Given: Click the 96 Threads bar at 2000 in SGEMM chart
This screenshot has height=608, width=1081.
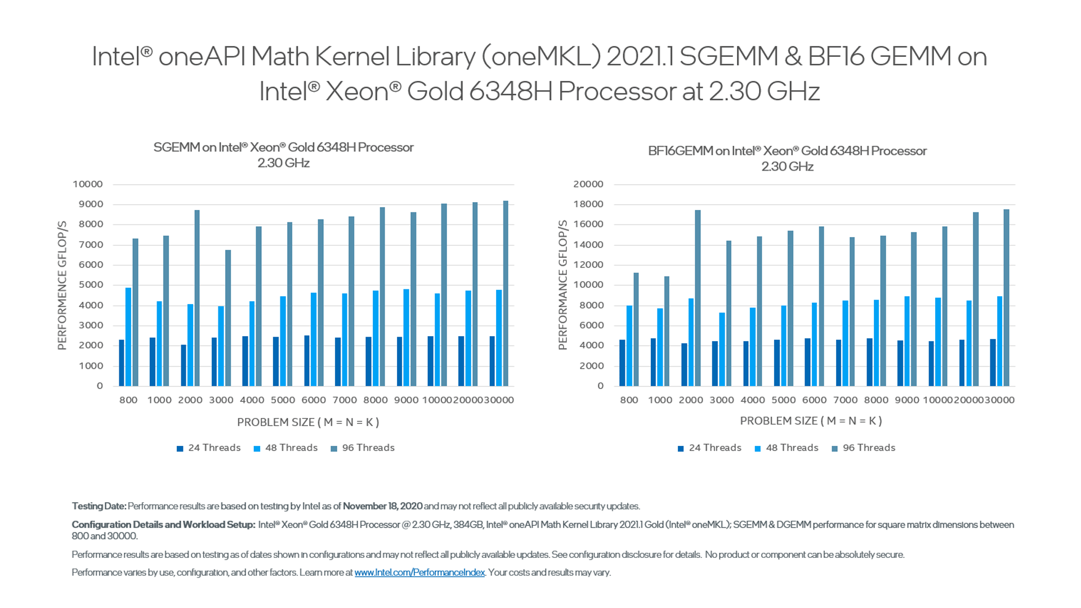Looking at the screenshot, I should coord(197,298).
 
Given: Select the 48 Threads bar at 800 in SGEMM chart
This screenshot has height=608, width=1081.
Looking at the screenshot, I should coord(128,337).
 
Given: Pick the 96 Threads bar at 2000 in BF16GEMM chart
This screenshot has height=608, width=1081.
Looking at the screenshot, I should coord(698,298).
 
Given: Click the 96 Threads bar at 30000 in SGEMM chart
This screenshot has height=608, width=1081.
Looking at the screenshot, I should coord(506,293).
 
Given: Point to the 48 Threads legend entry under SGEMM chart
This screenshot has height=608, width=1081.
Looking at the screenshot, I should coord(286,448).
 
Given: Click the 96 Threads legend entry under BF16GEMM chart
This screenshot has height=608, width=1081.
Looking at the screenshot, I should coord(864,448).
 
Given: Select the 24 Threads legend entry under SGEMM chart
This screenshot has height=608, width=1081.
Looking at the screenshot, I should coord(209,448).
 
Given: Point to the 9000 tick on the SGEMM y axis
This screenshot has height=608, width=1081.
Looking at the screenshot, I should coord(91,204).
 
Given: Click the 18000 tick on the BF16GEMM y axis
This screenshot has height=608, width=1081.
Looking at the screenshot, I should coord(588,204).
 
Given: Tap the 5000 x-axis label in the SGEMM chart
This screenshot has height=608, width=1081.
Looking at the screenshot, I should coord(283,400).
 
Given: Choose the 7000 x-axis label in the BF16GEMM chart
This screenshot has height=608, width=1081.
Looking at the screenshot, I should coord(845,400).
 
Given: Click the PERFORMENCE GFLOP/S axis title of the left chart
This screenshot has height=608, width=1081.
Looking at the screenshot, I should coord(62,285).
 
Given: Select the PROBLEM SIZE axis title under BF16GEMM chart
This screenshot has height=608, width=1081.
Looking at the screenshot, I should coord(811,421).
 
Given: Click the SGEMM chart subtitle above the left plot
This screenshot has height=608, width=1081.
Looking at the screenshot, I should coord(284,155).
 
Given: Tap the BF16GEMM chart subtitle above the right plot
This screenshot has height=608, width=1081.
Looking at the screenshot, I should coord(787,158).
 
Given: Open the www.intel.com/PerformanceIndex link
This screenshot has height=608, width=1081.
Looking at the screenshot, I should coord(419,573).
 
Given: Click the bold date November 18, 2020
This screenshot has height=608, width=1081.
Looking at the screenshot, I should coord(382,506).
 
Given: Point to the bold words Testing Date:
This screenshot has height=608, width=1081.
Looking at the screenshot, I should coord(99,506).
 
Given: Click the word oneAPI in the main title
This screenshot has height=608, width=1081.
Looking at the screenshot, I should coord(202,57).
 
